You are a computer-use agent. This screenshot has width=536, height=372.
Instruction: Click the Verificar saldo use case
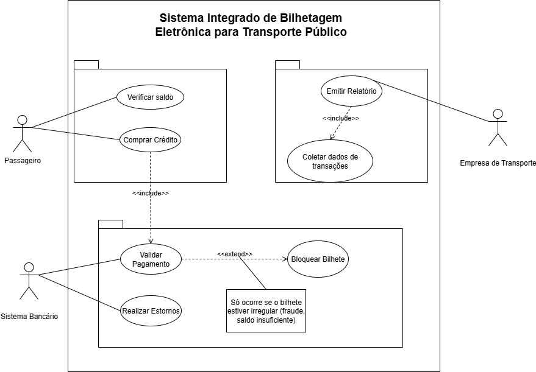pyautogui.click(x=150, y=97)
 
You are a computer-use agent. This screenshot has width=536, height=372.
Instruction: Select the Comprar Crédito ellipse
pyautogui.click(x=150, y=140)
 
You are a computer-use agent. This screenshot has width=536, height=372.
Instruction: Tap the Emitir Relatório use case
pyautogui.click(x=351, y=92)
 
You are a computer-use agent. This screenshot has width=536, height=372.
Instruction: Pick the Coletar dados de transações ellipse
pyautogui.click(x=330, y=161)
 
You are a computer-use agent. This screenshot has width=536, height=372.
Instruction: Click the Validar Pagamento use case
pyautogui.click(x=150, y=259)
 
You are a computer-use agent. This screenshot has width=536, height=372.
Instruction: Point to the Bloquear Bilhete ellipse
pyautogui.click(x=318, y=259)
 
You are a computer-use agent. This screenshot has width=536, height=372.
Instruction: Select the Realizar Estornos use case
pyautogui.click(x=151, y=311)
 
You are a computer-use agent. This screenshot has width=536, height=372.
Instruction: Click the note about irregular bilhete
pyautogui.click(x=266, y=311)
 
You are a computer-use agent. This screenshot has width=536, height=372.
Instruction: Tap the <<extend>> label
pyautogui.click(x=235, y=253)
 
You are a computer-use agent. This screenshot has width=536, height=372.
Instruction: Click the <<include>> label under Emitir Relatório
pyautogui.click(x=341, y=118)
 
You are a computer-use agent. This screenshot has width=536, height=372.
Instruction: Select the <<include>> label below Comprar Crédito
pyautogui.click(x=151, y=193)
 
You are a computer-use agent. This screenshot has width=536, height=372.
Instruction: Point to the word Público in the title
pyautogui.click(x=325, y=32)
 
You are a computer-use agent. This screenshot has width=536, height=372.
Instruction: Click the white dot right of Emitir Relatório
pyautogui.click(x=498, y=114)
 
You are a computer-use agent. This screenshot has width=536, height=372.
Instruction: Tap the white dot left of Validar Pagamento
pyautogui.click(x=29, y=267)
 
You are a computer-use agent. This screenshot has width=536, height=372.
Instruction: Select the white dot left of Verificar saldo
pyautogui.click(x=23, y=120)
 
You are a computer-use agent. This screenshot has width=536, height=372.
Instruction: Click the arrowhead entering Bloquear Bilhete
pyautogui.click(x=284, y=259)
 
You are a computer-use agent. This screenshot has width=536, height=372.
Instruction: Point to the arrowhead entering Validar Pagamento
pyautogui.click(x=151, y=241)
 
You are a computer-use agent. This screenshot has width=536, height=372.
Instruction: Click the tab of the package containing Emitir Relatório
pyautogui.click(x=287, y=65)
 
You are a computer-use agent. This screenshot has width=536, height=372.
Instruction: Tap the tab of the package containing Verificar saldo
pyautogui.click(x=86, y=65)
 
